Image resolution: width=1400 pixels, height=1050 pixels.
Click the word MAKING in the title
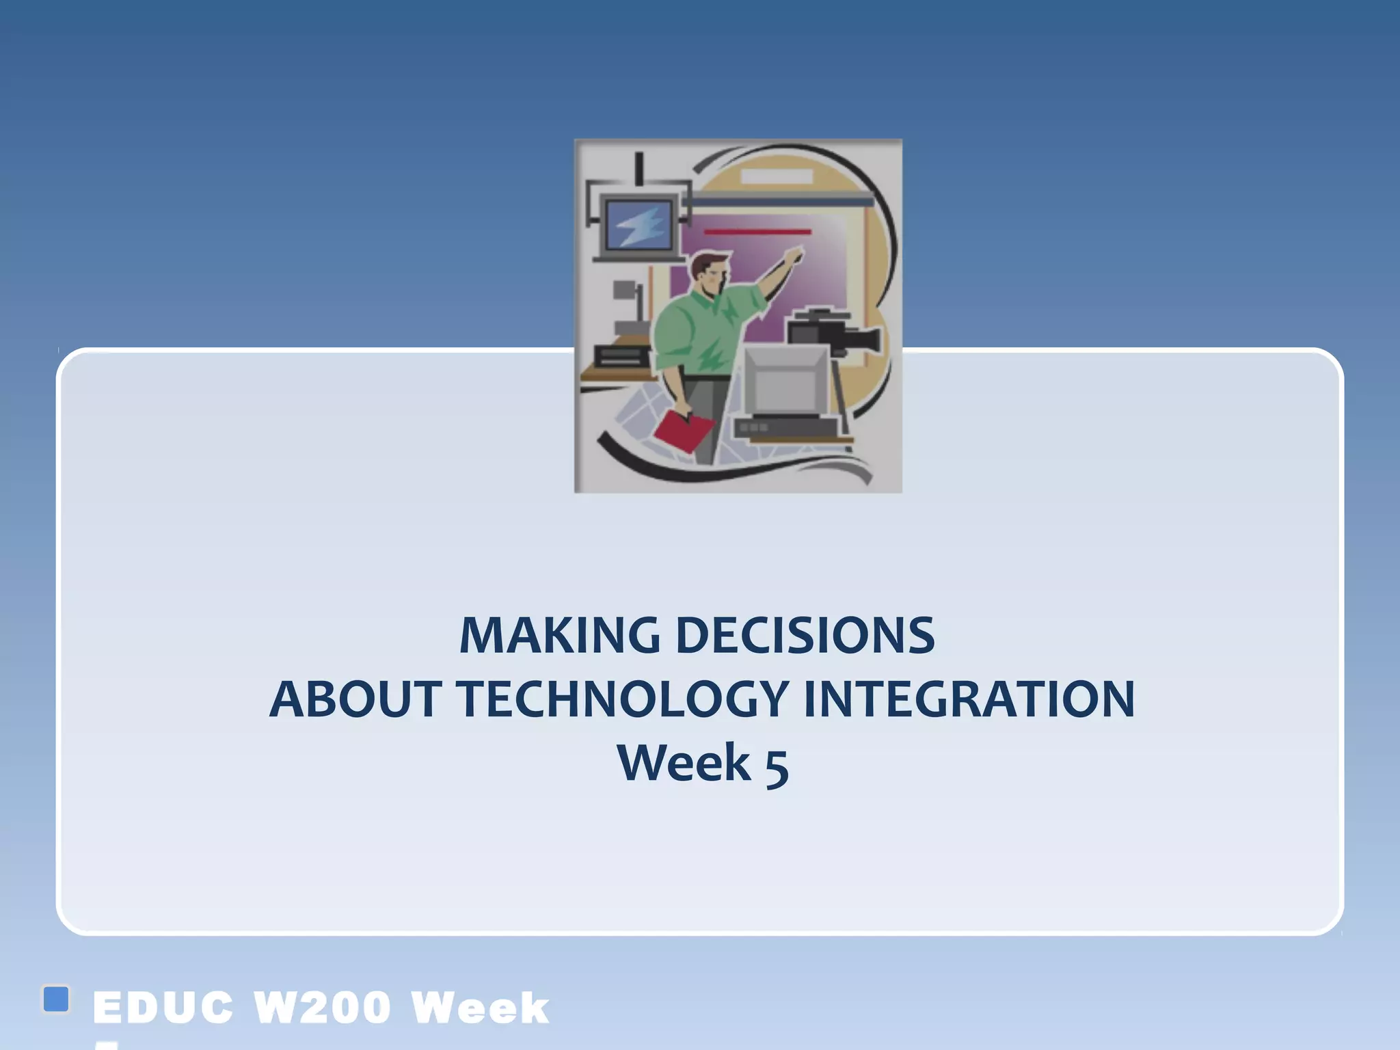pyautogui.click(x=559, y=636)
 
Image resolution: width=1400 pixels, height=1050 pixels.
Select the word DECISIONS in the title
pyautogui.click(x=805, y=636)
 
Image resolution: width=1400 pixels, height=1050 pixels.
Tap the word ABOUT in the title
pyautogui.click(x=355, y=699)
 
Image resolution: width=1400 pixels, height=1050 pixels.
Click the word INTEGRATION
pyautogui.click(x=969, y=699)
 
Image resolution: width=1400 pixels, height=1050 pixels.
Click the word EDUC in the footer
pyautogui.click(x=163, y=1008)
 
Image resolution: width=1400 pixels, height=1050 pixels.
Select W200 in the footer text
pyautogui.click(x=322, y=1008)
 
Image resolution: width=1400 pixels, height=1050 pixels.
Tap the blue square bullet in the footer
pyautogui.click(x=56, y=999)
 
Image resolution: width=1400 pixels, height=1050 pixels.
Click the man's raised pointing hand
pyautogui.click(x=793, y=258)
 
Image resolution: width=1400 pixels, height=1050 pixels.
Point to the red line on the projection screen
pyautogui.click(x=757, y=232)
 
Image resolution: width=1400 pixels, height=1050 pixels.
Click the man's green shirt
pyautogui.click(x=697, y=328)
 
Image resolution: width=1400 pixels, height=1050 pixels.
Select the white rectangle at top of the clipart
pyautogui.click(x=777, y=176)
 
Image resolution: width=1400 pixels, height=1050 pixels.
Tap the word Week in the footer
pyautogui.click(x=480, y=1008)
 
